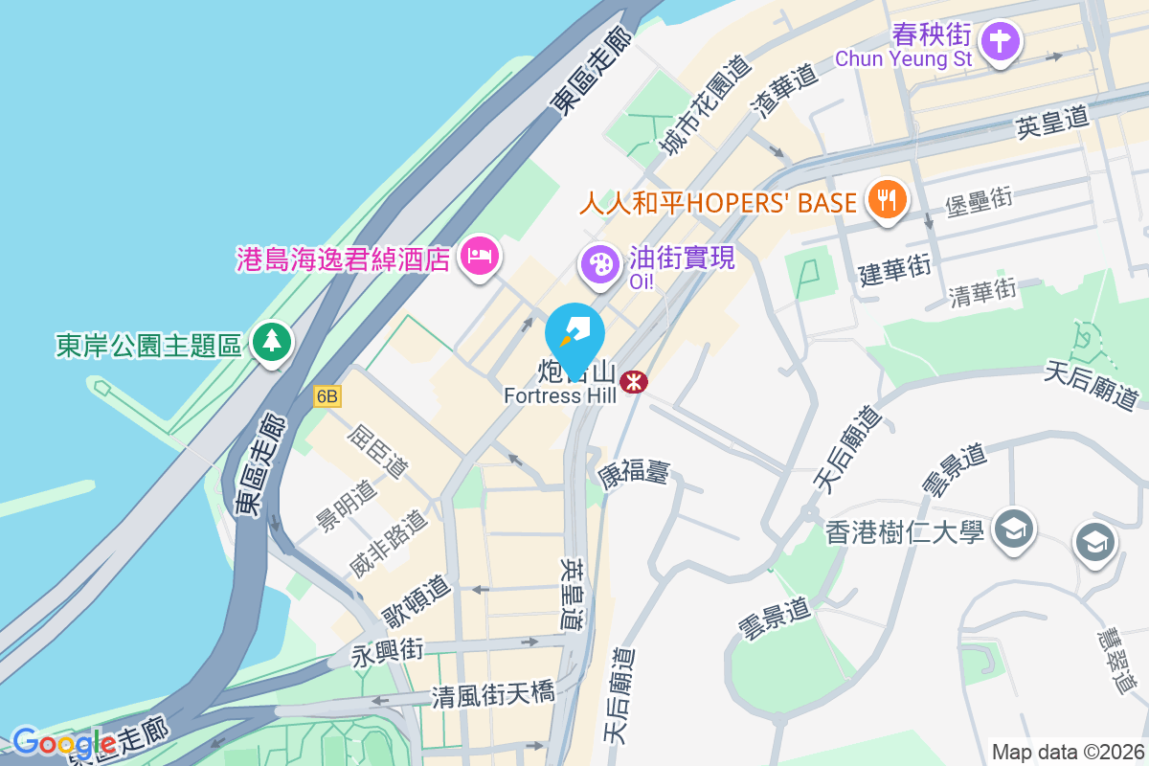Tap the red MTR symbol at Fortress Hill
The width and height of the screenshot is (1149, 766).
pyautogui.click(x=632, y=382)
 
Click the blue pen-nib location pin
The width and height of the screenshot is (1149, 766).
pyautogui.click(x=574, y=334)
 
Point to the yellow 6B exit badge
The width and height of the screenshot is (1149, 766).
pyautogui.click(x=327, y=395)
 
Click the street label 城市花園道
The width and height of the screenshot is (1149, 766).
pyautogui.click(x=704, y=106)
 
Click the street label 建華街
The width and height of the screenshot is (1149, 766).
pyautogui.click(x=894, y=271)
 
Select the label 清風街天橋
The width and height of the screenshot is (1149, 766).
pyautogui.click(x=492, y=694)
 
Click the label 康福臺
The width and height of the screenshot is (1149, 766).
pyautogui.click(x=633, y=472)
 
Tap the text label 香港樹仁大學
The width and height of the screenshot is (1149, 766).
pyautogui.click(x=905, y=532)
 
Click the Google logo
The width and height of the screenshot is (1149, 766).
pyautogui.click(x=63, y=742)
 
